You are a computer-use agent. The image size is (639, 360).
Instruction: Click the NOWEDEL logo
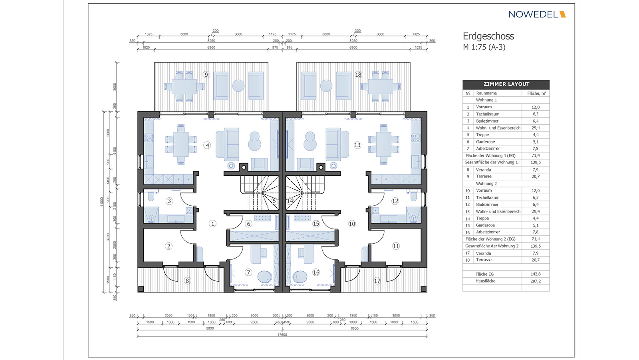pos(537,14)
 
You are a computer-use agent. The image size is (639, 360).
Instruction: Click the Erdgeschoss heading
pos(488,36)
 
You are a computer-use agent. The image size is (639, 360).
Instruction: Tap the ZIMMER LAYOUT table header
pos(506,84)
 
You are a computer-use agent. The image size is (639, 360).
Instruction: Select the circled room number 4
pos(207,145)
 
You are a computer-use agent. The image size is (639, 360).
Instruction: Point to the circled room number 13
pos(357,145)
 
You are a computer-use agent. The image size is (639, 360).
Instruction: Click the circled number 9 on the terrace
pos(206,75)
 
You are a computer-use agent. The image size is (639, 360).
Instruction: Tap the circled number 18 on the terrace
pos(358,75)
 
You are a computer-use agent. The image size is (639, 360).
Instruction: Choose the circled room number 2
pos(169,246)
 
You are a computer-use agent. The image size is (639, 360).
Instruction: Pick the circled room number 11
pos(396,246)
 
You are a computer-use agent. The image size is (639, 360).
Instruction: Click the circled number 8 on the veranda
pos(187,281)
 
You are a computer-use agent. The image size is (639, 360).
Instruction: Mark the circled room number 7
pos(248,272)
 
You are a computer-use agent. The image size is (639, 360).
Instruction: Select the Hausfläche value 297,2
pos(536,281)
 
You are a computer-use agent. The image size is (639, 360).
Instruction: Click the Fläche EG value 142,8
pos(536,274)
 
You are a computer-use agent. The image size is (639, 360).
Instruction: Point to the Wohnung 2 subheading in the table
pos(486,183)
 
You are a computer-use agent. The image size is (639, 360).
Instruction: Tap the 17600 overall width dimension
pos(282,334)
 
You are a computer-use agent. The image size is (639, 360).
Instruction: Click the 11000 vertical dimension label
pos(102,201)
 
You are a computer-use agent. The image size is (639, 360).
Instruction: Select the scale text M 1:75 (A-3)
pos(484,47)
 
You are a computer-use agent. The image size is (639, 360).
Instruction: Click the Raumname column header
pos(486,93)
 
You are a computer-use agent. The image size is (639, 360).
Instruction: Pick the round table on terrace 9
pos(238,86)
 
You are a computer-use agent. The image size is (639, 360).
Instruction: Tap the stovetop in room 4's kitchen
pos(149,138)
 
